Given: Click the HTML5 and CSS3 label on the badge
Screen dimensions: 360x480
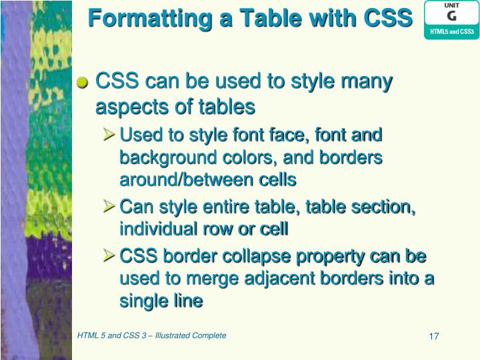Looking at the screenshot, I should tap(451, 31).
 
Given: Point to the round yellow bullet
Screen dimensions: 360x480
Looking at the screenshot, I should tap(83, 83).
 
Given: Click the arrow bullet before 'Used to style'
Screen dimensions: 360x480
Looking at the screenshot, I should tap(110, 135).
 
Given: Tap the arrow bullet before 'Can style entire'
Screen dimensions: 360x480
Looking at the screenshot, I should tap(110, 207).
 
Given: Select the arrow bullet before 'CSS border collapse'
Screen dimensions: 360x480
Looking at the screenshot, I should tap(110, 257).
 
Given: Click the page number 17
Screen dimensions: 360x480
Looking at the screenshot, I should tap(433, 336).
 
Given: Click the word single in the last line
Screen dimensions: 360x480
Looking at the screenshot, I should tap(142, 301).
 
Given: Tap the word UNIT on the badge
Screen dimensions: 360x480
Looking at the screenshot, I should tap(451, 5).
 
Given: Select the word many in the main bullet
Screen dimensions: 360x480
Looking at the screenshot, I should tap(366, 82).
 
